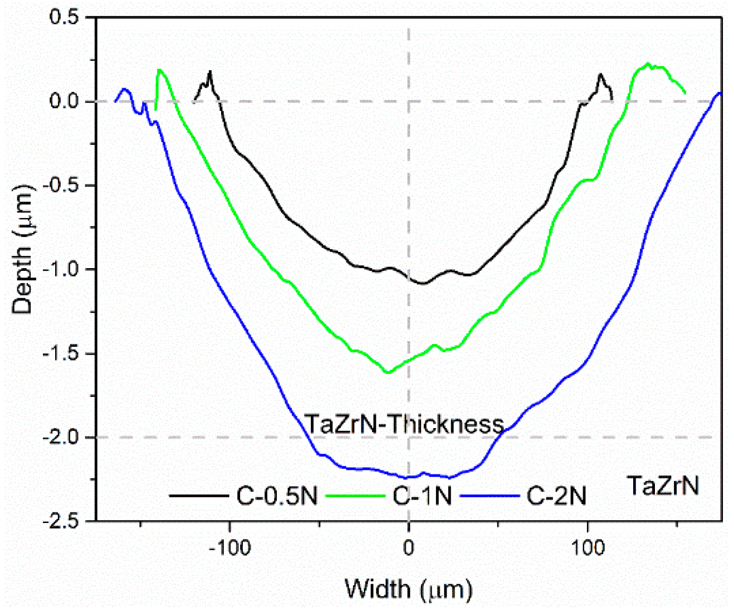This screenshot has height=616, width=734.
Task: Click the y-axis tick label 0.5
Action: [65, 17]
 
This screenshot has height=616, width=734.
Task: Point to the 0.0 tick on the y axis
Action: [65, 101]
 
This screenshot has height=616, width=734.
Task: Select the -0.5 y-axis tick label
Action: [61, 186]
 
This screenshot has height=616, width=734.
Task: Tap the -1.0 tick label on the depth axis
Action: [61, 270]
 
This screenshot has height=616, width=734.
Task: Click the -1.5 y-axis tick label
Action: [61, 354]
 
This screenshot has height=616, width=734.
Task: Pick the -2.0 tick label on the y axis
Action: [61, 438]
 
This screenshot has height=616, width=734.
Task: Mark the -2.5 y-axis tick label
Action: [61, 522]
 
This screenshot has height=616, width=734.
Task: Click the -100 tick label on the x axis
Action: [230, 548]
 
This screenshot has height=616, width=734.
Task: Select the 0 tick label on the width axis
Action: [409, 548]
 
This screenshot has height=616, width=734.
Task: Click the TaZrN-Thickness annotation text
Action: [404, 425]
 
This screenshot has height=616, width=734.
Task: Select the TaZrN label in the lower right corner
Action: [663, 486]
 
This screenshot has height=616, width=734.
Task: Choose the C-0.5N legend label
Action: [277, 496]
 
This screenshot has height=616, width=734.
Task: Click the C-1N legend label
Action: [422, 496]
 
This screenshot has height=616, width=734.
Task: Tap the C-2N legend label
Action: [556, 496]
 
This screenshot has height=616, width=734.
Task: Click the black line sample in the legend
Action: [199, 496]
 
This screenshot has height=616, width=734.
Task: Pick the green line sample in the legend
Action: [355, 496]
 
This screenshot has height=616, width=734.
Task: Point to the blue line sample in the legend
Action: [490, 496]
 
